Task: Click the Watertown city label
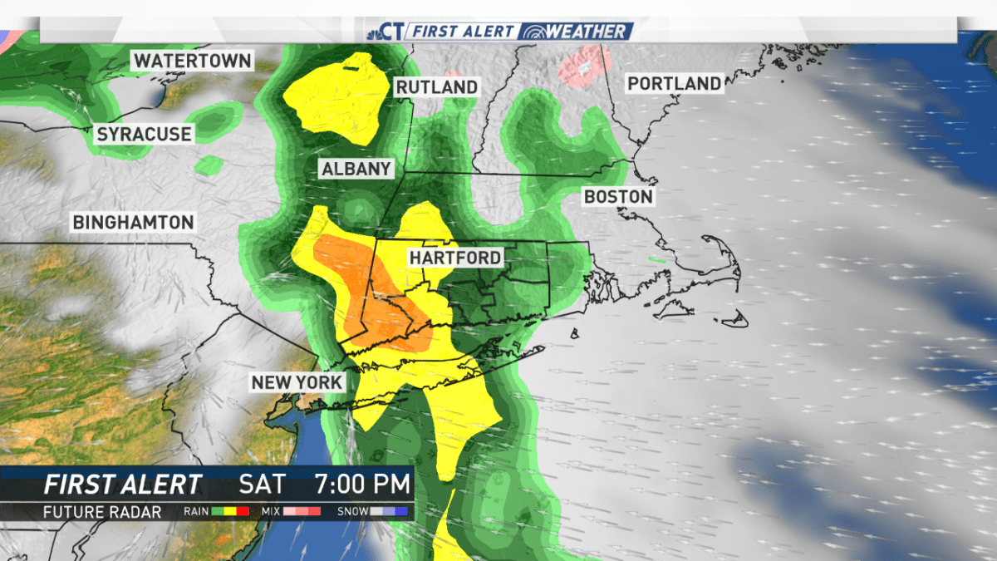point(192,61)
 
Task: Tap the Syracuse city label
point(144,134)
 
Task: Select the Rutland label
point(436,87)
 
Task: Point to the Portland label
point(674,83)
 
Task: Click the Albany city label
point(356,169)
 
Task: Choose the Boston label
point(618,197)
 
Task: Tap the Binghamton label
point(133,222)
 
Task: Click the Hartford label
point(455,258)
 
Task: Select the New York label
point(297,382)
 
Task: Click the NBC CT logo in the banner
point(385,32)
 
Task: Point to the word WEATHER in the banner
point(585,32)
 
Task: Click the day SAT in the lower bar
point(262,484)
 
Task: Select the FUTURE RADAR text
point(102,511)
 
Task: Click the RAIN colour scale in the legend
point(231,512)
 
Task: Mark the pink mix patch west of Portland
point(584,65)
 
